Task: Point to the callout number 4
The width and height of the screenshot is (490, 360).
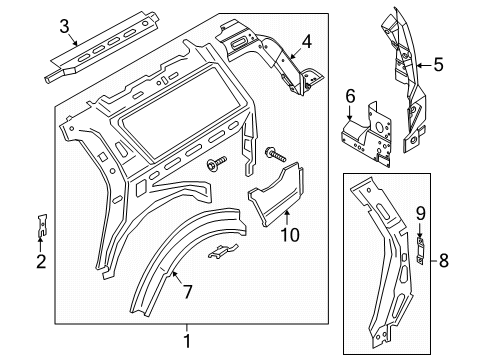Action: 307,42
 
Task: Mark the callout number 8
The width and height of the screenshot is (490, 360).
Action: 445,263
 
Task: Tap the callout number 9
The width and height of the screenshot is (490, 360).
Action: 421,240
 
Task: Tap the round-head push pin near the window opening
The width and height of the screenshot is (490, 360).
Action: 216,164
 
